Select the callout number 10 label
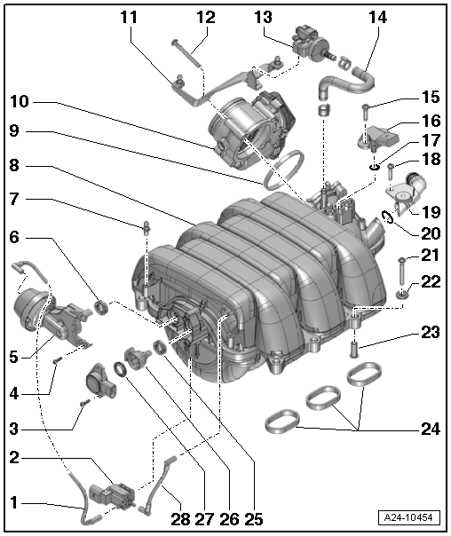(20, 101)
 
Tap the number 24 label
(430, 429)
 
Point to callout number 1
(13, 501)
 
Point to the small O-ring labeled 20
(389, 214)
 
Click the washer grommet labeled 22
(401, 293)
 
